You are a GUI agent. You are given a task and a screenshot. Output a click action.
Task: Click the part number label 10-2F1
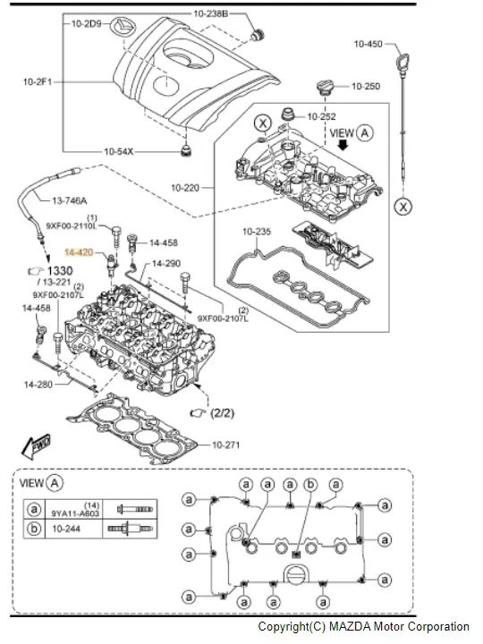(38, 82)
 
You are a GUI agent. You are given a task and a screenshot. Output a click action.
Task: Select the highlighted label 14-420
(79, 252)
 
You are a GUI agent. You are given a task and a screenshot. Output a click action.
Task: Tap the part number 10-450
(368, 44)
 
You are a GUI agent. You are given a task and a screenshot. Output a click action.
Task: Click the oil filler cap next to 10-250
(324, 88)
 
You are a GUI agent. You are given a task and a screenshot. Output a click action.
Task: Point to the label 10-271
(226, 445)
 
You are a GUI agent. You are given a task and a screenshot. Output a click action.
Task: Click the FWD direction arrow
(36, 446)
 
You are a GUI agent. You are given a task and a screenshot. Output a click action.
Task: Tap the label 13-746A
(70, 201)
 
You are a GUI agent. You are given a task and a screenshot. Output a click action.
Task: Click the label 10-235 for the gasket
(257, 232)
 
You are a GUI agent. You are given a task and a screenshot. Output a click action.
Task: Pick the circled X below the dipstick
(402, 207)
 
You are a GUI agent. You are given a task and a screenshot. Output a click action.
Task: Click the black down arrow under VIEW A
(343, 145)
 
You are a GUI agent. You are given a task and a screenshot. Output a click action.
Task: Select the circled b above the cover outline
(310, 485)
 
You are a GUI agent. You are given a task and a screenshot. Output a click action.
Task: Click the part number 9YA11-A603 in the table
(75, 513)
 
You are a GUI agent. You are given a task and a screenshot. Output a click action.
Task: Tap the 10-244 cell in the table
(66, 529)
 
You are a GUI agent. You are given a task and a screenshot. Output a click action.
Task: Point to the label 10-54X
(119, 151)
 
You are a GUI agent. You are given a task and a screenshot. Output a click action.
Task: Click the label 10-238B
(211, 13)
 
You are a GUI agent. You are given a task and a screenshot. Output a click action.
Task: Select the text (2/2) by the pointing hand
(222, 412)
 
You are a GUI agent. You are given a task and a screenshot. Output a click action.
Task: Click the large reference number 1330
(60, 271)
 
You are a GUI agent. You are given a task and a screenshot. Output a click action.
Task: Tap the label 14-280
(38, 385)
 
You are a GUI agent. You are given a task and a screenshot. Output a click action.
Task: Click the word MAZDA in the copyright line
(349, 627)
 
